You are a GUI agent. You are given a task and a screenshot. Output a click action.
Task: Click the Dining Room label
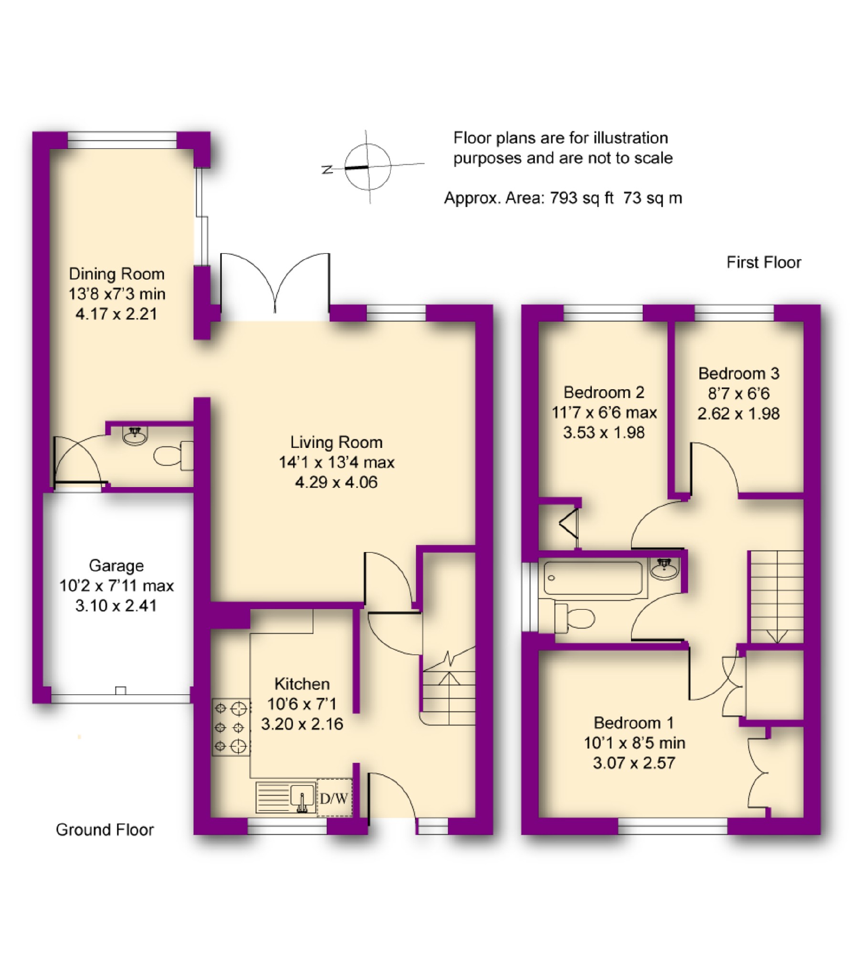coord(117,274)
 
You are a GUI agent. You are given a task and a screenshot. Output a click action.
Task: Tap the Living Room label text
coord(337,443)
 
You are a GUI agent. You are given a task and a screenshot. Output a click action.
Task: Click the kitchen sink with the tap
coord(286,797)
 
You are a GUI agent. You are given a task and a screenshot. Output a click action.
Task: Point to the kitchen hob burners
coord(231,727)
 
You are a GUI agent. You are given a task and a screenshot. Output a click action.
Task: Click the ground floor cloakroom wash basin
coord(136,435)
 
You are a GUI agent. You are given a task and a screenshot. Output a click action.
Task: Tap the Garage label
coord(116,566)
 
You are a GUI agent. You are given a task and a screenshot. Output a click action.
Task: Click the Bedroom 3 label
coord(739,373)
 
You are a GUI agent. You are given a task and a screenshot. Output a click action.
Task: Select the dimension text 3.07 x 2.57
coord(634,763)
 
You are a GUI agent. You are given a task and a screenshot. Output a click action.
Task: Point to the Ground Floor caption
coord(105,830)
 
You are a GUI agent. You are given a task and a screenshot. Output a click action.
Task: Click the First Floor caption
coord(764,263)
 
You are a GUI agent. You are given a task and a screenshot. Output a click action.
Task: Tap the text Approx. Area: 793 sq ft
coord(529,198)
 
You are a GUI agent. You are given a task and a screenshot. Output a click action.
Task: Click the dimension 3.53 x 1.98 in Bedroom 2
coord(604,433)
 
